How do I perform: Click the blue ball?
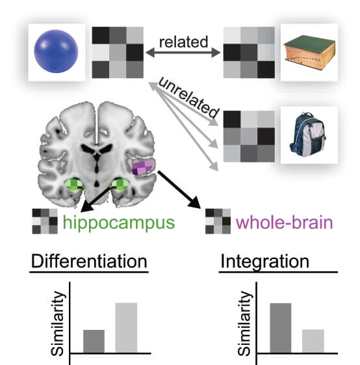click(56, 51)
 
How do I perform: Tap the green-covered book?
click(309, 52)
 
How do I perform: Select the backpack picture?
click(307, 135)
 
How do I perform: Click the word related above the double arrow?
click(183, 42)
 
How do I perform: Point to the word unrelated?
click(189, 98)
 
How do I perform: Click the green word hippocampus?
click(119, 223)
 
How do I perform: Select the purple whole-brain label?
click(284, 223)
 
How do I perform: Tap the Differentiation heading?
click(89, 261)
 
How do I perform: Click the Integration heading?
click(264, 262)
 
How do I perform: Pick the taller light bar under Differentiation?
click(126, 328)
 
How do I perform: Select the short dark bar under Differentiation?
click(94, 342)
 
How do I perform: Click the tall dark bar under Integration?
click(281, 328)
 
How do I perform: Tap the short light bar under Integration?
click(313, 341)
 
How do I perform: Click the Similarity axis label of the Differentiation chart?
click(57, 323)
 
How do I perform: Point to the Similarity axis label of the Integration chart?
click(244, 323)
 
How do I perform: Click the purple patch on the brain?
click(143, 168)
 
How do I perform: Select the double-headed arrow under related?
click(183, 53)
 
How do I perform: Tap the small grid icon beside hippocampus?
click(45, 221)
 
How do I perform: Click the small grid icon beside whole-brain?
click(218, 221)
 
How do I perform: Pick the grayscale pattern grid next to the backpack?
click(249, 136)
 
